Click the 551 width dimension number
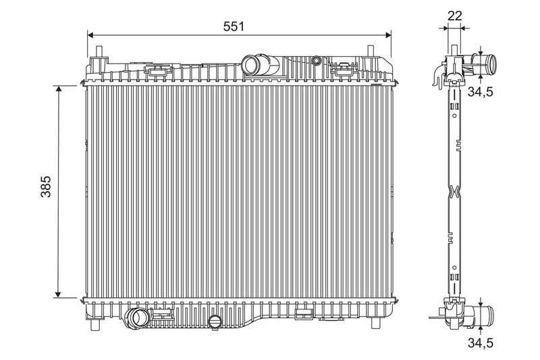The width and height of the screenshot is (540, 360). [x=233, y=26]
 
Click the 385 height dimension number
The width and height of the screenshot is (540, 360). [x=46, y=186]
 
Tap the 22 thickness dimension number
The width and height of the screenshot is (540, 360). [x=454, y=16]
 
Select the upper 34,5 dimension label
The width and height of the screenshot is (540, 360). [x=481, y=92]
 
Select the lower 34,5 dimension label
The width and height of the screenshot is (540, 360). [x=481, y=342]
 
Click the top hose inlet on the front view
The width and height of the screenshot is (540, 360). [x=250, y=65]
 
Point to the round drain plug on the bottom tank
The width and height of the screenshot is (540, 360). [x=215, y=322]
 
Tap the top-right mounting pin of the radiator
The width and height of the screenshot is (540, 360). [x=371, y=51]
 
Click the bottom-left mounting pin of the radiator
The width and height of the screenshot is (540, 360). [x=94, y=324]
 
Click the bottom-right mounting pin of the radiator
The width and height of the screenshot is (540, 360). [x=375, y=324]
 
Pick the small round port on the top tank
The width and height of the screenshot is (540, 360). [x=316, y=61]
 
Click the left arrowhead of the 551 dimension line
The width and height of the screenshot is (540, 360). [x=90, y=35]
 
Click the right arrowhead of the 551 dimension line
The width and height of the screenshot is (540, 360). [x=388, y=35]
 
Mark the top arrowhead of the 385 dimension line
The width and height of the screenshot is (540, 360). [x=58, y=89]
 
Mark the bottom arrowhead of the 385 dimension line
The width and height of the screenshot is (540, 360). [x=58, y=294]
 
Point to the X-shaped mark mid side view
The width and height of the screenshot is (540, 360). [x=454, y=191]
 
